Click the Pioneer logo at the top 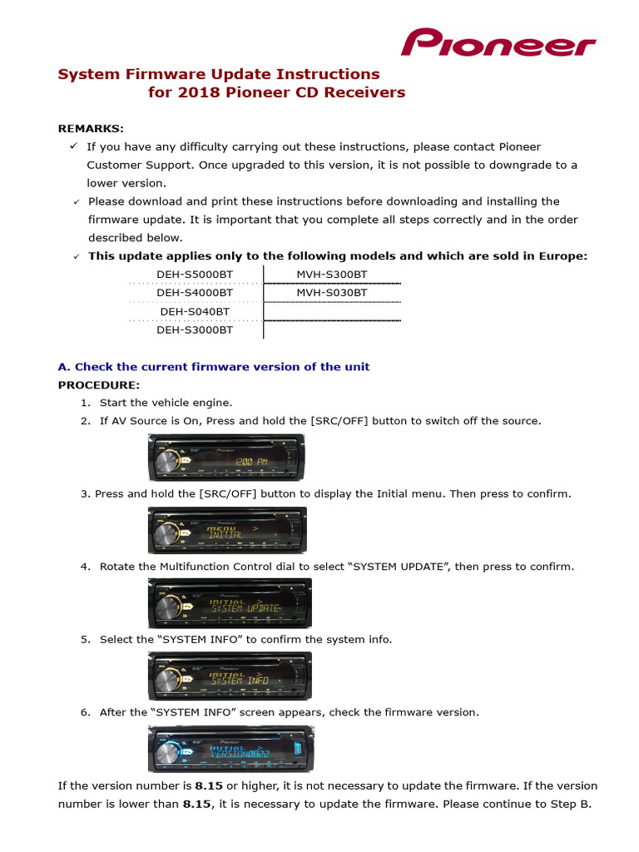click(498, 42)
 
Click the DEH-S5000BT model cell click(195, 274)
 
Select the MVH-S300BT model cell click(331, 274)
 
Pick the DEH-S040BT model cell click(195, 311)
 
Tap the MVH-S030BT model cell click(331, 292)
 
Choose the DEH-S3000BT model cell click(195, 329)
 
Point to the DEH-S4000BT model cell click(195, 292)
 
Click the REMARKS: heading click(91, 128)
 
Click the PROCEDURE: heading click(98, 384)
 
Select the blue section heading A click(214, 367)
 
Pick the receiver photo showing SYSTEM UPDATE click(230, 603)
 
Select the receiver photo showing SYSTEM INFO click(230, 676)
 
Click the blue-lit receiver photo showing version click(230, 748)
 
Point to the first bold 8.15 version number click(209, 785)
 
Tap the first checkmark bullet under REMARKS click(73, 146)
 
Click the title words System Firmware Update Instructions click(218, 74)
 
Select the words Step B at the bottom click(570, 804)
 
